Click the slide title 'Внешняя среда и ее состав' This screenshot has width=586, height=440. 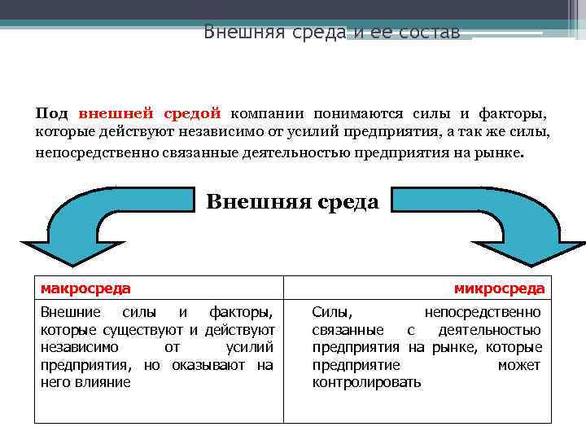331,33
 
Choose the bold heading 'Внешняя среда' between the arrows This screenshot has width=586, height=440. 292,201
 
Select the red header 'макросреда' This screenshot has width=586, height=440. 85,288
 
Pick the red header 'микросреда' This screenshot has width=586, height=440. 499,288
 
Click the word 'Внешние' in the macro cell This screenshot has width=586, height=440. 71,312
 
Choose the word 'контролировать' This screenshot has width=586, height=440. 366,382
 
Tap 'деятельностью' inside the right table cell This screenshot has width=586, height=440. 489,330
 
